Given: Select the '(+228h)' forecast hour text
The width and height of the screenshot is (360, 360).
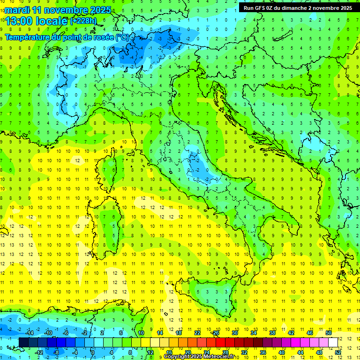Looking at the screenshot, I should pos(83,21).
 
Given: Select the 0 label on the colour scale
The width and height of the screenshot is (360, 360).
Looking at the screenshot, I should pos(93,352).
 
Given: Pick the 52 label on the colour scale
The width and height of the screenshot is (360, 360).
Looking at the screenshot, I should pos(338,352).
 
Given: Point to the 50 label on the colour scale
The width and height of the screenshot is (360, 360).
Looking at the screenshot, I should pos(329,333).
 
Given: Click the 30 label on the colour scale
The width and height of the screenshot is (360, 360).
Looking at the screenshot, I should pos(234,333).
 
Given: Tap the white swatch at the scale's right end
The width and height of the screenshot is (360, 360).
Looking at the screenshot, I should pos(333,342).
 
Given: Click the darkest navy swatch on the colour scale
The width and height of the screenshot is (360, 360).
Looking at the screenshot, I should pos(23,342).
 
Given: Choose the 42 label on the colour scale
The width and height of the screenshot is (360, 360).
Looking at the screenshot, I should pos(291,333).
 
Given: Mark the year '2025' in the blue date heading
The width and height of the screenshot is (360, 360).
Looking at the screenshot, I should pos(101,10).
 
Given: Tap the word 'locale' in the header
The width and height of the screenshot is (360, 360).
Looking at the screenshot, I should pos(52,21).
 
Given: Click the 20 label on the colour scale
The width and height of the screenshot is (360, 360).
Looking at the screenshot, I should pos(187,352).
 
